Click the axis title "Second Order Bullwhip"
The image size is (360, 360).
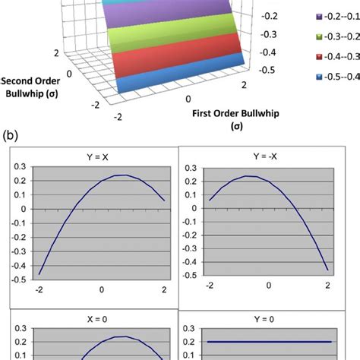click(x=32, y=87)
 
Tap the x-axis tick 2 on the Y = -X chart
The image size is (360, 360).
click(x=327, y=288)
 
